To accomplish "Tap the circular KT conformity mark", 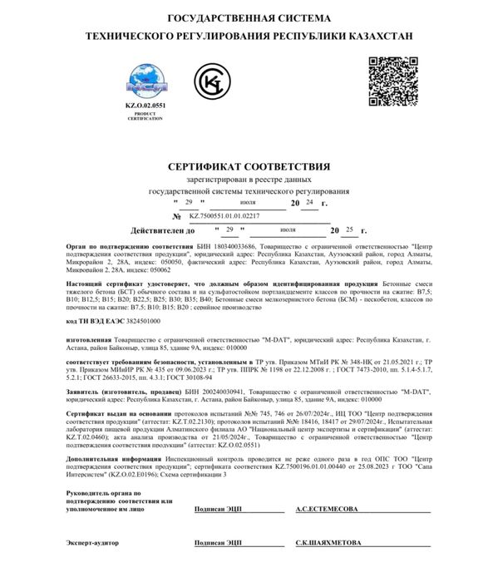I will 214,84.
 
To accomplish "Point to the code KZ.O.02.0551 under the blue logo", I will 145,107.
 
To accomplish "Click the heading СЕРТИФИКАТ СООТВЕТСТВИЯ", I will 249,166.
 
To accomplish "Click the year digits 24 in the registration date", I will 309,202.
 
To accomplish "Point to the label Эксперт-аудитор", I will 92,542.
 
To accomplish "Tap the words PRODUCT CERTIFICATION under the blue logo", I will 145,117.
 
